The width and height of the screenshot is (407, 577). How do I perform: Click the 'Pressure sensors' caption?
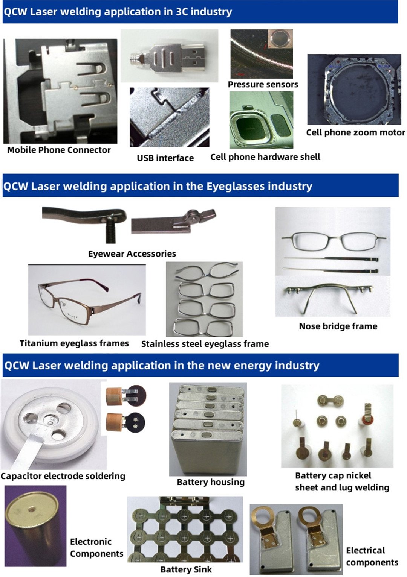coord(263,84)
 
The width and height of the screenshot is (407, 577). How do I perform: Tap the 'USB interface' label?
coord(165,158)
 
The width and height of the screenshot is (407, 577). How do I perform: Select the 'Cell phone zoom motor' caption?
coord(356,132)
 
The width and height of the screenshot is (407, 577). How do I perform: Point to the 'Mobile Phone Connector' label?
coord(59,150)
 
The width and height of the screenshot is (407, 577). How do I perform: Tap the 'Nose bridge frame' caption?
coord(338,326)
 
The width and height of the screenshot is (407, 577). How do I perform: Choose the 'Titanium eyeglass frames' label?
coord(74,343)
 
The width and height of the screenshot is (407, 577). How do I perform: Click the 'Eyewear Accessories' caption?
coord(132,254)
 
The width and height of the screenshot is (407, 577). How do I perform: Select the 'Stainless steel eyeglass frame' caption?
coord(205,344)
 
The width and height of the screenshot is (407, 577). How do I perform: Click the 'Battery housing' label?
coord(211,482)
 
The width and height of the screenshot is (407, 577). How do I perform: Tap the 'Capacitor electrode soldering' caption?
coord(63,476)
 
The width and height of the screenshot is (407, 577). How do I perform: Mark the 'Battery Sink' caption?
coord(186,569)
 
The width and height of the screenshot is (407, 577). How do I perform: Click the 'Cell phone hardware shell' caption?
coord(265,157)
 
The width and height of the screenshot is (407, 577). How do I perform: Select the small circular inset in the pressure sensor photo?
coord(280,39)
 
